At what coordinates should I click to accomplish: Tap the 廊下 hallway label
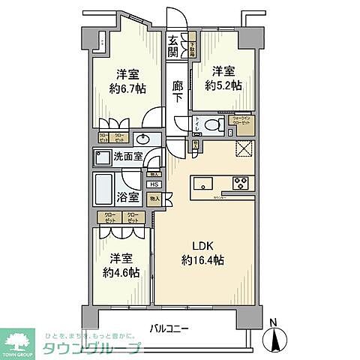176,92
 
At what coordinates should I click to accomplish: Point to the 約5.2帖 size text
222,85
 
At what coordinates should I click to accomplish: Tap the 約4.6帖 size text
121,272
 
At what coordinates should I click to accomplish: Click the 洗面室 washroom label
127,158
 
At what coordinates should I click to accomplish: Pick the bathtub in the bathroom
103,191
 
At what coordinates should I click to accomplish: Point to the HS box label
153,184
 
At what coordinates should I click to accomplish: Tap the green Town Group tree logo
20,339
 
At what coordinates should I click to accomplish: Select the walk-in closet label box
241,120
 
